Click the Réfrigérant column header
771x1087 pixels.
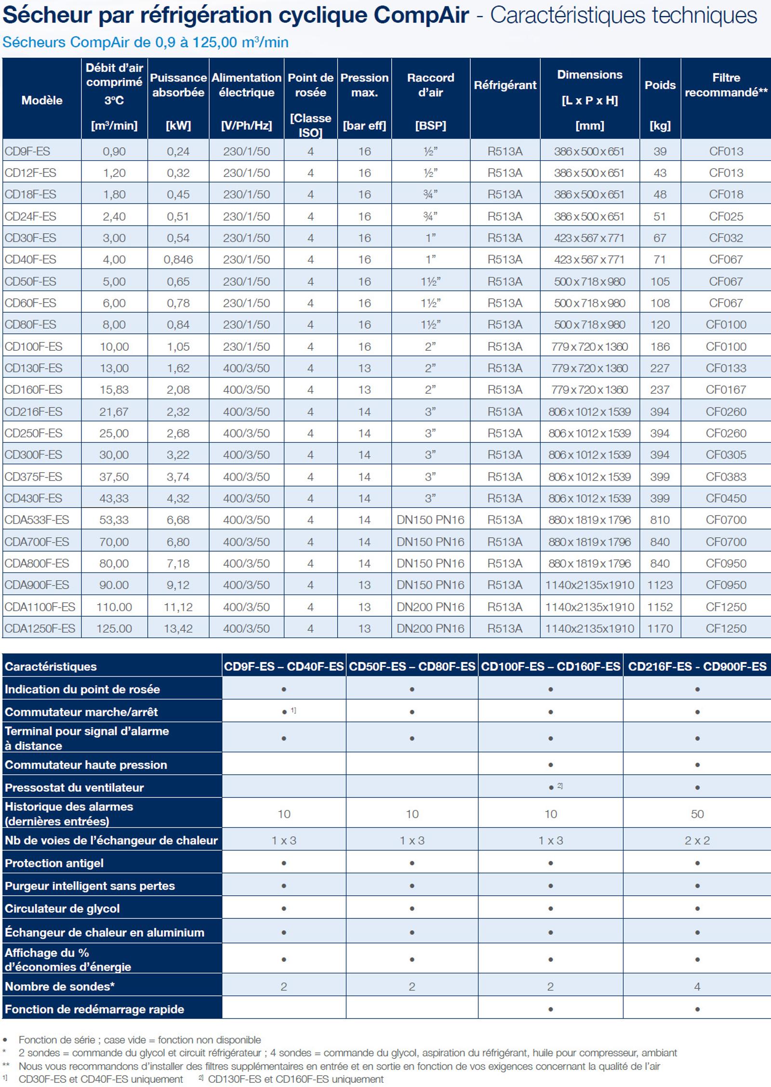(x=505, y=85)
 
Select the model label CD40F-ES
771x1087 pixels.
(x=30, y=260)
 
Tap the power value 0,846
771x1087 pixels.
(x=178, y=260)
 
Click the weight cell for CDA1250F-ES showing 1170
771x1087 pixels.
(x=660, y=628)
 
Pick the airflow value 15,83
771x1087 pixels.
(x=114, y=390)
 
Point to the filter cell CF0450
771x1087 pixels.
(x=726, y=498)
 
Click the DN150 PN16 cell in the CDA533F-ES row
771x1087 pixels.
(x=430, y=520)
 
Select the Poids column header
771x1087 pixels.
(x=660, y=85)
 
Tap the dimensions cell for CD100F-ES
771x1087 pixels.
(x=589, y=346)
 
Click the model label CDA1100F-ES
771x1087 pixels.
(x=40, y=607)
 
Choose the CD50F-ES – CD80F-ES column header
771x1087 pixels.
(x=412, y=666)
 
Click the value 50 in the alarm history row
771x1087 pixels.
(x=697, y=814)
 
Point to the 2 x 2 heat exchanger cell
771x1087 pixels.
(x=697, y=840)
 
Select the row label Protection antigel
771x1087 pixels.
(x=54, y=863)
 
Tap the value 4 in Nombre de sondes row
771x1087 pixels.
(x=697, y=986)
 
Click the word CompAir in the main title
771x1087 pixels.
(x=421, y=15)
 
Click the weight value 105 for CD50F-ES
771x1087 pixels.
(x=660, y=281)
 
